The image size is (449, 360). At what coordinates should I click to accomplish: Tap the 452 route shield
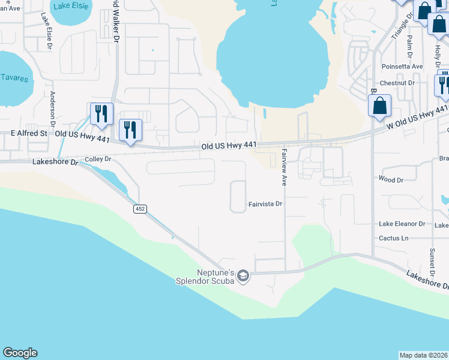(140, 209)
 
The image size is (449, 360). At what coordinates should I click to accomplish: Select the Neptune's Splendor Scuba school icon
(243, 275)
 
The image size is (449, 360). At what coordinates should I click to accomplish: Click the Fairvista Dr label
(265, 204)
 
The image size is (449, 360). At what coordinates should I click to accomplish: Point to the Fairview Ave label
(285, 168)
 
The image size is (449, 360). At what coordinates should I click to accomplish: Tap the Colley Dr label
(98, 159)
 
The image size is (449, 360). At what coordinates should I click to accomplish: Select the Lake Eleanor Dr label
(402, 224)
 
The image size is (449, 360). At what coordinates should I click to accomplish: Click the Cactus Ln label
(394, 238)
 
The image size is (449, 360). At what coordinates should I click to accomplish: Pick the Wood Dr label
(391, 179)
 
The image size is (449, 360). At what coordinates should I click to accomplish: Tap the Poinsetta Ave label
(402, 67)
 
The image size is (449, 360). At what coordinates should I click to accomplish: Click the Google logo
(20, 353)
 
